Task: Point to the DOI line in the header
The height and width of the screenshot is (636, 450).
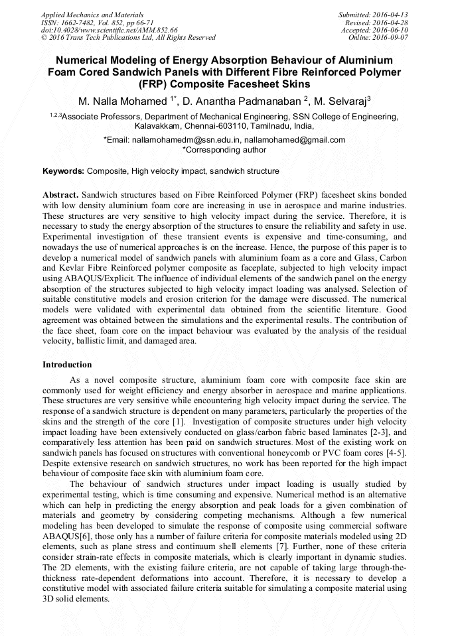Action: click(x=110, y=30)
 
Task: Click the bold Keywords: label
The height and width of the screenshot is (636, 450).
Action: click(x=63, y=171)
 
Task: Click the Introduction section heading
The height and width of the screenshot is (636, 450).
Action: click(x=67, y=365)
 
